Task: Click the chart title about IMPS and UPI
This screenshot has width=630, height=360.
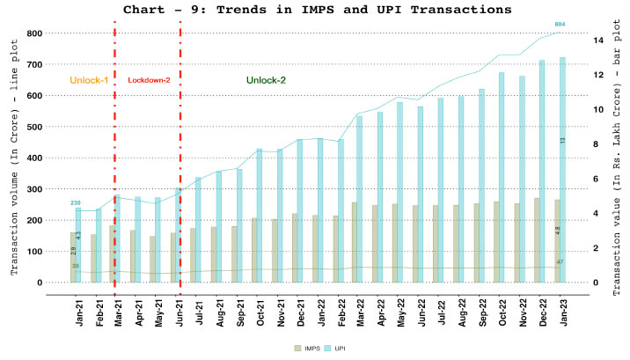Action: [317, 10]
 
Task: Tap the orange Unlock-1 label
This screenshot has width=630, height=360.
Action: [89, 80]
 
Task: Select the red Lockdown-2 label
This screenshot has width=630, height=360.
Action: [149, 80]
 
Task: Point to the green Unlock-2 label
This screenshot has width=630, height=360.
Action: [266, 80]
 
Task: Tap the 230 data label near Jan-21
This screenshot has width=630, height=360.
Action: [76, 203]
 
